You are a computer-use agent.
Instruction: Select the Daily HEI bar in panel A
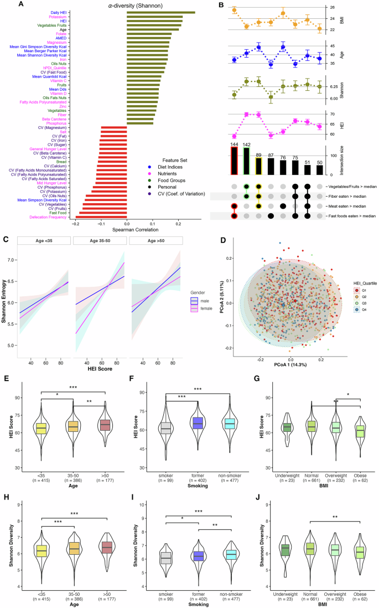[160, 12]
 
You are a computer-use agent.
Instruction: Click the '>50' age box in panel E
[105, 425]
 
